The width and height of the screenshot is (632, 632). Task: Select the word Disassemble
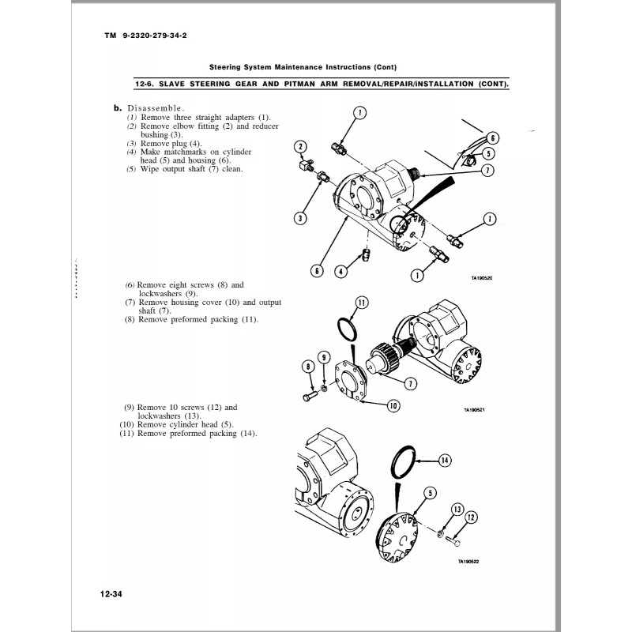pos(157,108)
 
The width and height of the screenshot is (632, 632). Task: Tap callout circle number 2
pos(300,147)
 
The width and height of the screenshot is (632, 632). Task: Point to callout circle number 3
pos(301,217)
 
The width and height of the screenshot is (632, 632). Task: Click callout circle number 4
pos(340,272)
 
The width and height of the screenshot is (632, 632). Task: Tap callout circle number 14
pos(444,461)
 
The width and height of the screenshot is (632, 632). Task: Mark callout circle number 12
pos(472,517)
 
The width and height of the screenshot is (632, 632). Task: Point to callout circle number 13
pos(457,508)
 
